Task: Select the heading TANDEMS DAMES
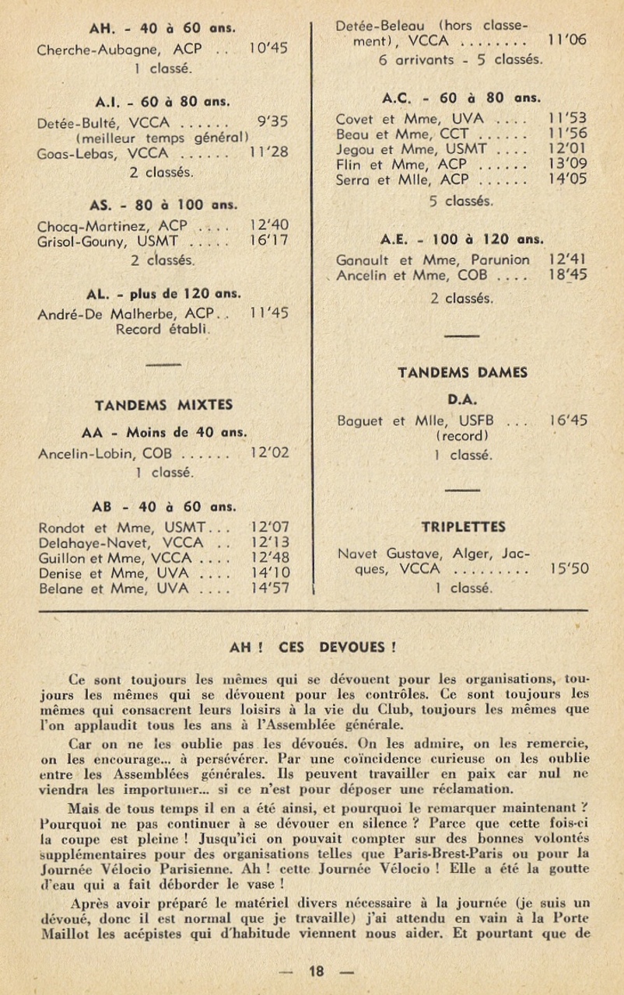click(462, 372)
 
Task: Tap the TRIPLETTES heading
click(462, 526)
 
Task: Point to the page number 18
click(316, 970)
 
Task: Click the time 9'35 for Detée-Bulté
click(272, 122)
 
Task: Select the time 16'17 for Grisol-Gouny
click(269, 241)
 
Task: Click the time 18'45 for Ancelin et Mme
click(568, 274)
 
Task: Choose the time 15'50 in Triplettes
click(569, 569)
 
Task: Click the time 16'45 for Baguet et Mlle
click(568, 421)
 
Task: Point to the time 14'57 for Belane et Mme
click(269, 588)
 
